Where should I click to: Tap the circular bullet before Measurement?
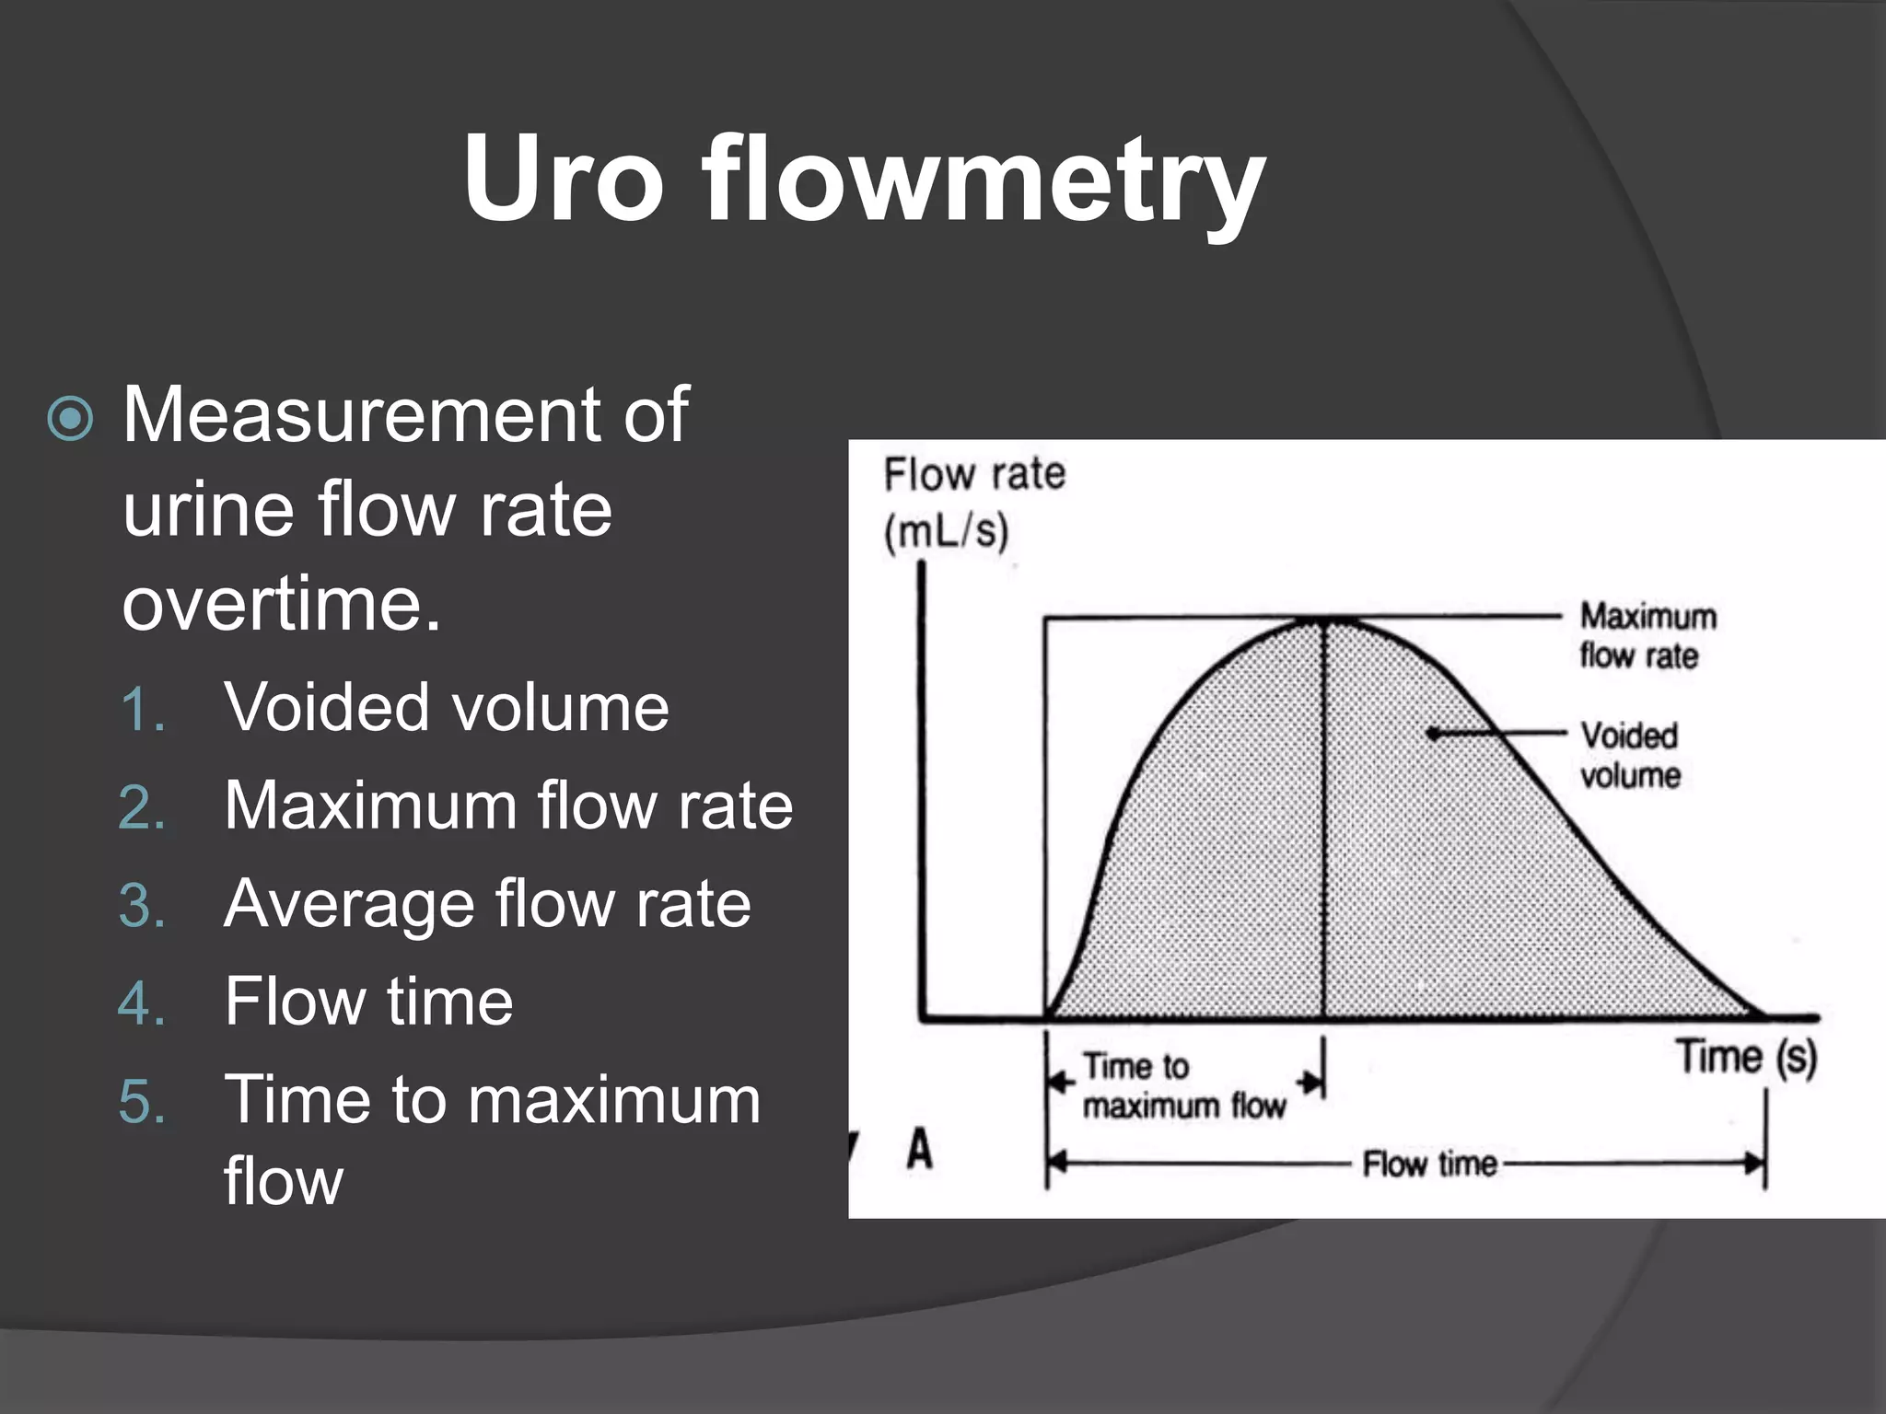(x=71, y=419)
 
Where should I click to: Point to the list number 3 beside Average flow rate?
(x=143, y=906)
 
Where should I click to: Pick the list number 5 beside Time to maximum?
(x=143, y=1101)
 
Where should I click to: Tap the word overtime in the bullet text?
(x=281, y=604)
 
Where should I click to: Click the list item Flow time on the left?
(x=368, y=1002)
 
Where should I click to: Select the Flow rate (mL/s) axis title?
(x=972, y=503)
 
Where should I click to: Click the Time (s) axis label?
(x=1746, y=1056)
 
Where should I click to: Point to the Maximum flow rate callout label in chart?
(x=1647, y=635)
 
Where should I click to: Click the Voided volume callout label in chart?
(x=1630, y=755)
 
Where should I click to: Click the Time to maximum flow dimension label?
(x=1182, y=1085)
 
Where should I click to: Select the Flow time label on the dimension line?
(x=1429, y=1165)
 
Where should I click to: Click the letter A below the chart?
(x=919, y=1150)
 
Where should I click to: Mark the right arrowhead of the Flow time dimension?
(x=1754, y=1165)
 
